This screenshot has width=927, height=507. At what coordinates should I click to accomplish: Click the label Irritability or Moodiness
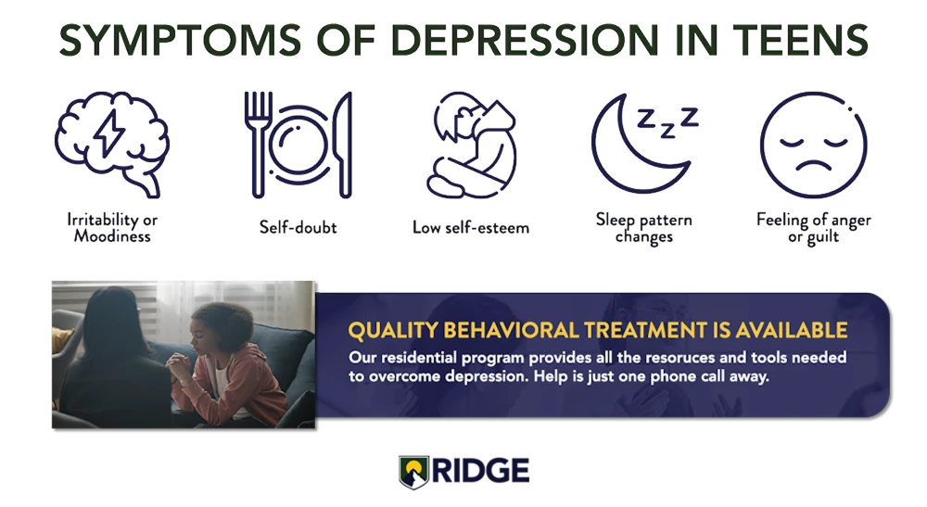click(110, 228)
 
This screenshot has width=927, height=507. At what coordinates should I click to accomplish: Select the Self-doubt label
click(298, 228)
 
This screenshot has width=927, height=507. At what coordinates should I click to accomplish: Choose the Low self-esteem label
click(471, 228)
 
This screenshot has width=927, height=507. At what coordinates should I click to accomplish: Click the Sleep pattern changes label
click(643, 228)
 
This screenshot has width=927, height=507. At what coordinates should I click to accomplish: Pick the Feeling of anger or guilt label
click(814, 228)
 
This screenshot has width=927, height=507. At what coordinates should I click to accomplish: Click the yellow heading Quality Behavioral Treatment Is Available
click(596, 329)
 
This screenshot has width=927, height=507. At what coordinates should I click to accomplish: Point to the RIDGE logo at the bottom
click(463, 470)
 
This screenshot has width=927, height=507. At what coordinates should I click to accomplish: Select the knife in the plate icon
click(344, 144)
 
